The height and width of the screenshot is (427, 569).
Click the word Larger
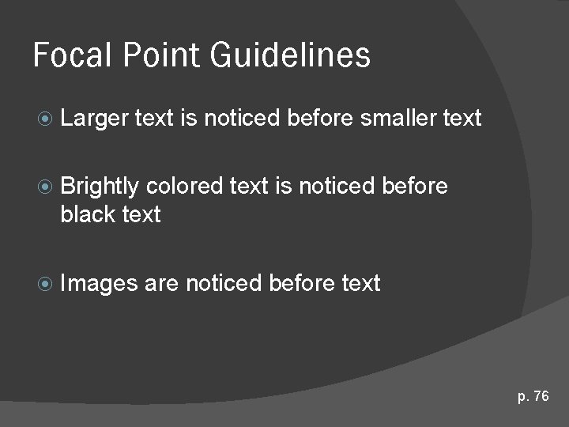click(x=93, y=119)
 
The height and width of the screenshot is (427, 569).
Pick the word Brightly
click(x=100, y=187)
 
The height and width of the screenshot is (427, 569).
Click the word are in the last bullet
click(x=161, y=283)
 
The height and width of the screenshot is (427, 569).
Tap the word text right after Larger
click(x=153, y=119)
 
